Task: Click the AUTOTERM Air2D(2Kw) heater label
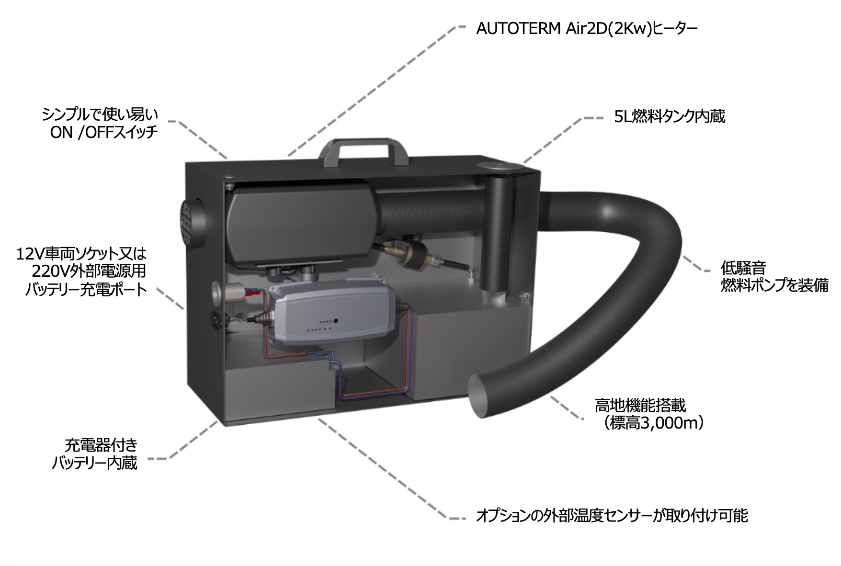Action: tap(586, 29)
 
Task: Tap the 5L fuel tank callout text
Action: tap(669, 116)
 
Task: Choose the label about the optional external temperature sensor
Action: tap(611, 516)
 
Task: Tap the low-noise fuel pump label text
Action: tap(774, 276)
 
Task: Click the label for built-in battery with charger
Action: tap(95, 454)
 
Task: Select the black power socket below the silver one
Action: tap(217, 321)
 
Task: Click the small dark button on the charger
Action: tap(337, 320)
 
